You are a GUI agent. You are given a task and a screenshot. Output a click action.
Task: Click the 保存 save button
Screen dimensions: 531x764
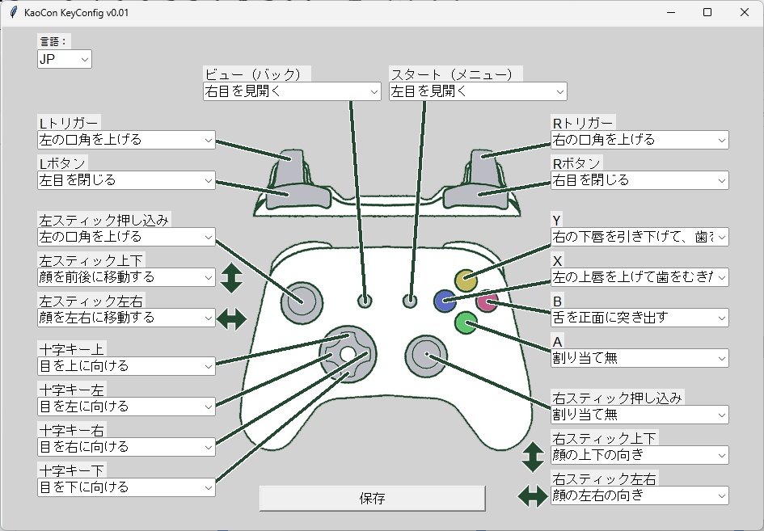(372, 498)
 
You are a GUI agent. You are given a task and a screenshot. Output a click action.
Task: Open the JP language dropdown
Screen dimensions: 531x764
(65, 59)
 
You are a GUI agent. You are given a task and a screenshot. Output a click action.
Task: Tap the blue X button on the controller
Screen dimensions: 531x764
(444, 301)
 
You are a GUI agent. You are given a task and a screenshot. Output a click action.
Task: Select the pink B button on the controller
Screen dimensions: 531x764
(487, 301)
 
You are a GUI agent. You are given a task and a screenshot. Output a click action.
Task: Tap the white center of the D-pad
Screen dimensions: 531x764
(347, 354)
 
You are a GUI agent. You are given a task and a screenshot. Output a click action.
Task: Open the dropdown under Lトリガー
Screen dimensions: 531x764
(126, 140)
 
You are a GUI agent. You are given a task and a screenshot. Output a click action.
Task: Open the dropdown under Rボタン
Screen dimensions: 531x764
(639, 180)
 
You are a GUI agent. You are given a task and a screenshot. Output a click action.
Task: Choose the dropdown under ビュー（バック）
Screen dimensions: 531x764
(291, 91)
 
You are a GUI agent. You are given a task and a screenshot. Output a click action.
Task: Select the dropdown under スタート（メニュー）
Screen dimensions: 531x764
(478, 91)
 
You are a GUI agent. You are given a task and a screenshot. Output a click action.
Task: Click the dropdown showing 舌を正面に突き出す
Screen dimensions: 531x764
(639, 318)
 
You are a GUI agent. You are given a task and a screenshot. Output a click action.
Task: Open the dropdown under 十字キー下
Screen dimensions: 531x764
(126, 487)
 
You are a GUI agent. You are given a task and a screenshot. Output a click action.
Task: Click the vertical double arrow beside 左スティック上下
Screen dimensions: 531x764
(231, 277)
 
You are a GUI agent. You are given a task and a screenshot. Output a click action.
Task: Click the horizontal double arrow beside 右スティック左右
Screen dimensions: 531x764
(533, 495)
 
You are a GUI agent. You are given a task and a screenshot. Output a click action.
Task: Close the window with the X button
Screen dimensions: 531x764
(745, 13)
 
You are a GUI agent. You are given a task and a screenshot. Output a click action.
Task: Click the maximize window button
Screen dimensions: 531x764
(707, 13)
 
